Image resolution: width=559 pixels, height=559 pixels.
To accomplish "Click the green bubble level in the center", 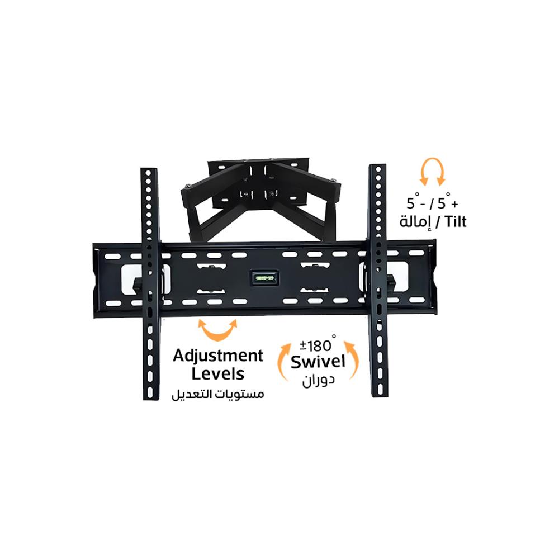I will [264, 277].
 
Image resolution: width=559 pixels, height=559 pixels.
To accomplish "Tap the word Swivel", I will [318, 362].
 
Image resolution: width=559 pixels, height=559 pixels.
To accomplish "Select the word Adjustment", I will [218, 356].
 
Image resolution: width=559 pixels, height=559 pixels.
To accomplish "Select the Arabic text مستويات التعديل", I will [217, 394].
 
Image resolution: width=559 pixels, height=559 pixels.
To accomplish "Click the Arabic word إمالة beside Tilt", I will [415, 222].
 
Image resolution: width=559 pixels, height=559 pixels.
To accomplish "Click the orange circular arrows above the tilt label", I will [432, 172].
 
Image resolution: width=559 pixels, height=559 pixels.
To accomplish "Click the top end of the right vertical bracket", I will [378, 170].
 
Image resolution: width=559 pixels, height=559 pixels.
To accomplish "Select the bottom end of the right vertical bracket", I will [380, 391].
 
